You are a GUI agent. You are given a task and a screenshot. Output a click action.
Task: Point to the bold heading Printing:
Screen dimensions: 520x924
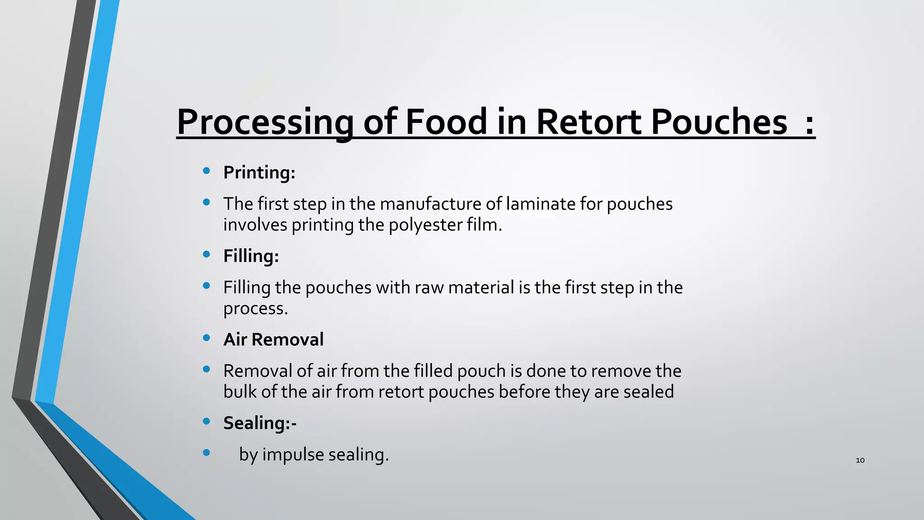coord(259,172)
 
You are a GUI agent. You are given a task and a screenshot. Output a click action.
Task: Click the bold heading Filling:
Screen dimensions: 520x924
coord(251,256)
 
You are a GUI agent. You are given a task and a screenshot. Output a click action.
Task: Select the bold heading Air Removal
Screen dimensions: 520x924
coord(273,339)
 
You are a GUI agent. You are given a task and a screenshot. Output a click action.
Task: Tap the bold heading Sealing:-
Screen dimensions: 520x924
coord(260,423)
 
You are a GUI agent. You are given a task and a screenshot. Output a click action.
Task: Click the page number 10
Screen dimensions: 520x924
coord(860,460)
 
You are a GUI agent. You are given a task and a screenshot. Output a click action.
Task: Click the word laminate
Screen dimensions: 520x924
coord(540,204)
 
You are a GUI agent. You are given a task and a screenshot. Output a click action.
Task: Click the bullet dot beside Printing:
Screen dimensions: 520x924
coord(207,171)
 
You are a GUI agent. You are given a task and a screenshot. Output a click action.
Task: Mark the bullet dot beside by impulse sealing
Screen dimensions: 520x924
coord(207,452)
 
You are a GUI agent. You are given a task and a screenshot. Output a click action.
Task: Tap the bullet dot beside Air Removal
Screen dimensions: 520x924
coord(207,338)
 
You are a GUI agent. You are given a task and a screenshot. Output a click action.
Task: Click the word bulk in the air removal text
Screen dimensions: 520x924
coord(240,392)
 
